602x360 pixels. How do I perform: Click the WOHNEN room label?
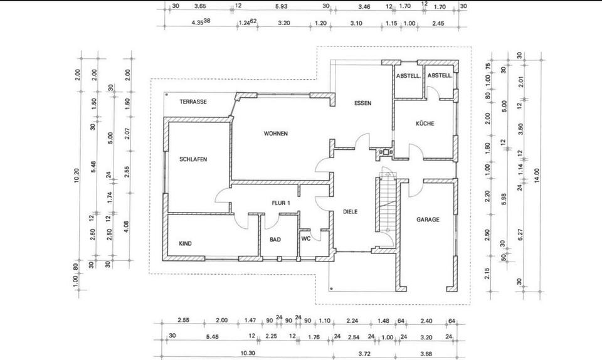[x=276, y=134]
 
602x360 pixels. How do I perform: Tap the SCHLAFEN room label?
[x=193, y=159]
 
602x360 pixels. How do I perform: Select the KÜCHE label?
[x=425, y=124]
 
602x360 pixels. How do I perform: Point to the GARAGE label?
[x=428, y=220]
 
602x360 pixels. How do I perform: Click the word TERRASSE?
[x=193, y=102]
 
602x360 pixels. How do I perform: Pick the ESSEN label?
[x=362, y=103]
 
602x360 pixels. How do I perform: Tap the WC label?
[x=306, y=239]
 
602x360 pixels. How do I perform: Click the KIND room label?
[x=185, y=243]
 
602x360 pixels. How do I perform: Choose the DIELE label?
[x=350, y=212]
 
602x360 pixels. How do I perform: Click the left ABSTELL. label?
[x=407, y=76]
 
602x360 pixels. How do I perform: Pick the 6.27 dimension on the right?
[x=520, y=235]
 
